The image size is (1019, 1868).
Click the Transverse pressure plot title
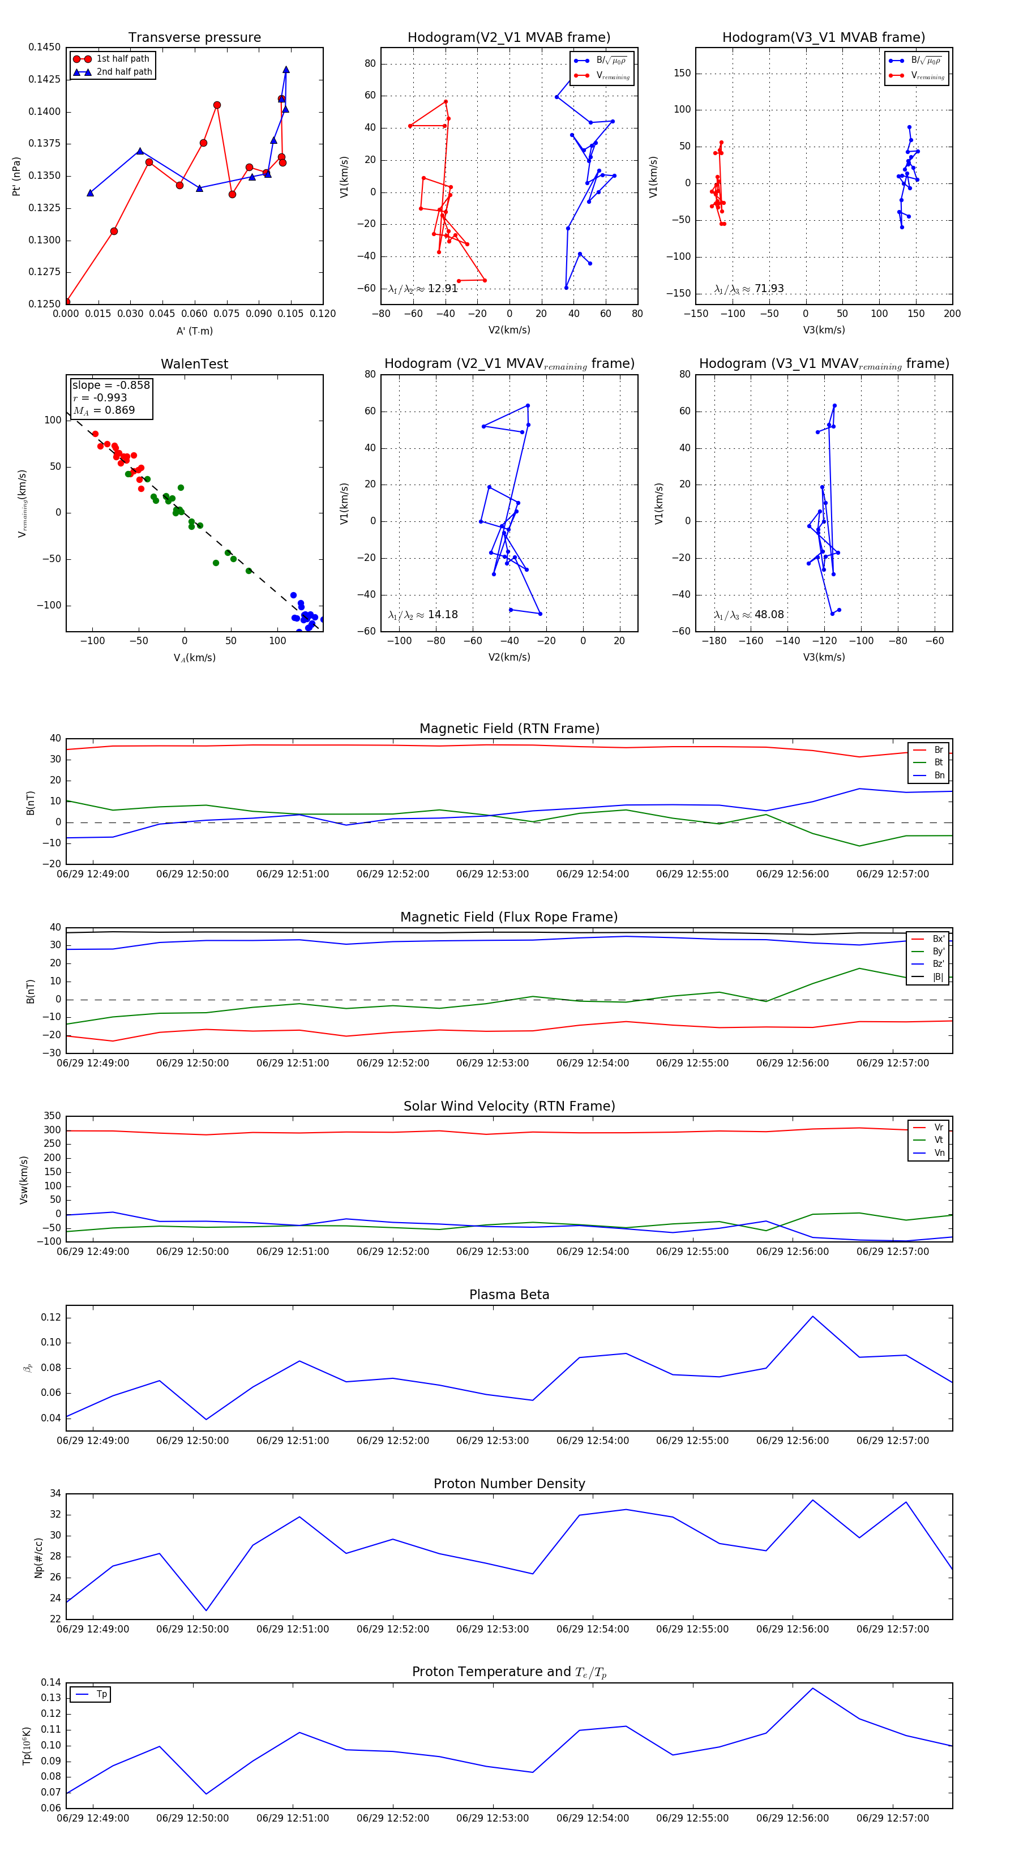(194, 38)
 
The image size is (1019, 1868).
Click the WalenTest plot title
(194, 364)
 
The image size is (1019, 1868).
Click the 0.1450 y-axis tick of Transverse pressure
(44, 48)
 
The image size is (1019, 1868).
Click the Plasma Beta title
(509, 1295)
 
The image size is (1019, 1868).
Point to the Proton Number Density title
(509, 1484)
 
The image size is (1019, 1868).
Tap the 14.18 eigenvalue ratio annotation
(423, 615)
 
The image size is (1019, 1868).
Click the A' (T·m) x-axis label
(194, 331)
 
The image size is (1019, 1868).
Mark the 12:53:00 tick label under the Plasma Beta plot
(493, 1441)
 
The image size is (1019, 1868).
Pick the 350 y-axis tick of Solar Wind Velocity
(52, 1116)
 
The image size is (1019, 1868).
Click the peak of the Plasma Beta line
(812, 1316)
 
